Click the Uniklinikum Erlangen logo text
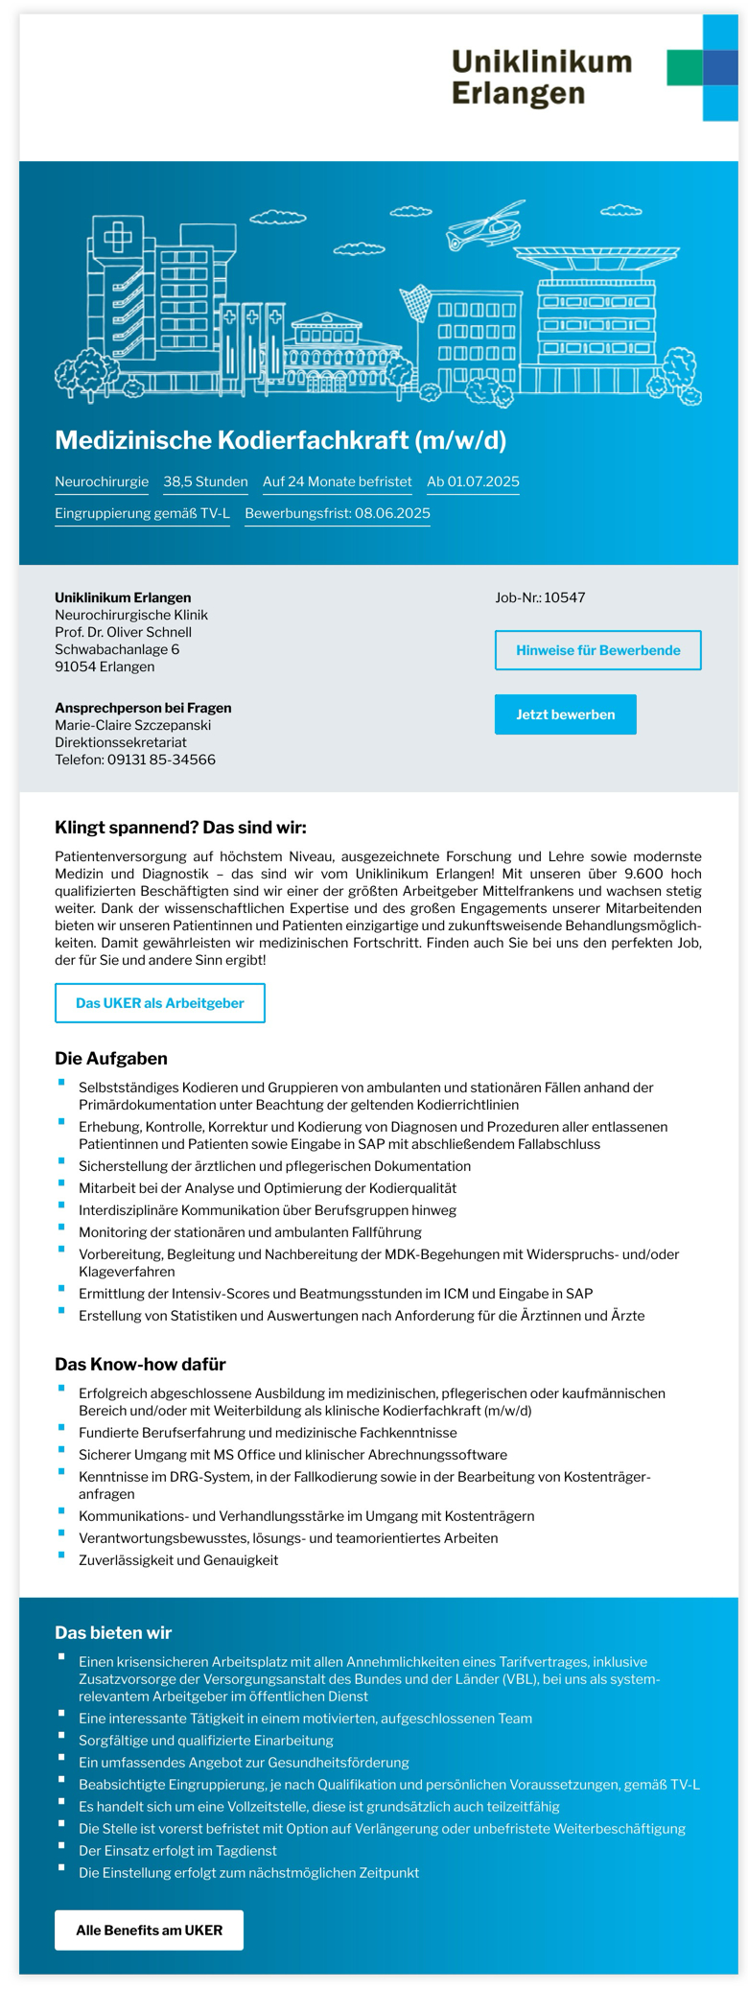pos(541,78)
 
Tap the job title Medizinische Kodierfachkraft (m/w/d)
pos(280,440)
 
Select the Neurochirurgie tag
pos(102,481)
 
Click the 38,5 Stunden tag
pos(205,481)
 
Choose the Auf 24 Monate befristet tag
pos(337,481)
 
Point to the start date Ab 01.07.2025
pos(473,481)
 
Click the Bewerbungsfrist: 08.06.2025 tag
pos(338,513)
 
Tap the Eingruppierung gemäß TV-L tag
pos(142,513)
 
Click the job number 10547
pos(564,597)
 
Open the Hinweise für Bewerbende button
pos(597,650)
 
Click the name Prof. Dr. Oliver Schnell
pos(123,632)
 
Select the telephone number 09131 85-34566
pos(161,760)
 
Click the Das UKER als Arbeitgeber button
pos(159,1003)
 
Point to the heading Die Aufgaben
pos(111,1059)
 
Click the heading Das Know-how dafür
pos(140,1364)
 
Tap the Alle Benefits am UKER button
pos(149,1930)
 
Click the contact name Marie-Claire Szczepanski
pos(132,725)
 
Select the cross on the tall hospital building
pos(118,236)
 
